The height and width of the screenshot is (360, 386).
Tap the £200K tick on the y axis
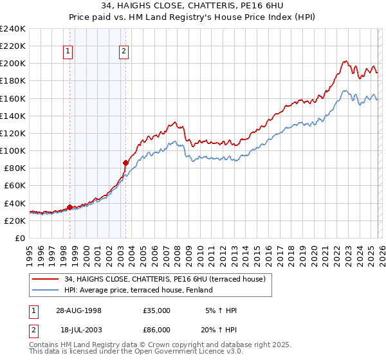pos(13,64)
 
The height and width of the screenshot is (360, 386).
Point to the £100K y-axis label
pos(13,150)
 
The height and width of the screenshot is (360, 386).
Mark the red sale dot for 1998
pos(69,207)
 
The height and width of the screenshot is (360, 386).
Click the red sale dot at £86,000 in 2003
pos(125,163)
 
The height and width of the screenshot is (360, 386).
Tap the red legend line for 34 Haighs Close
pos(46,279)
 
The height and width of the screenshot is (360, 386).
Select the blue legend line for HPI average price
pos(46,290)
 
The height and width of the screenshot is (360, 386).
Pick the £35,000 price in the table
pos(156,310)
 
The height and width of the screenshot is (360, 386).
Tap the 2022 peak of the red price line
pos(345,62)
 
